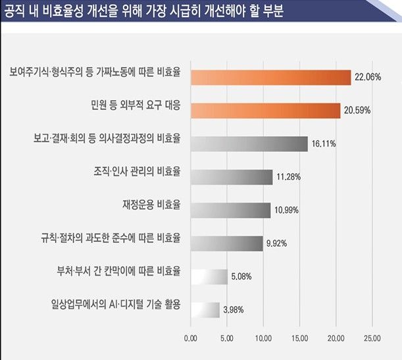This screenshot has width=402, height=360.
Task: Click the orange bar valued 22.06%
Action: [x=270, y=77]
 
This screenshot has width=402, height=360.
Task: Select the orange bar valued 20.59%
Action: [x=265, y=110]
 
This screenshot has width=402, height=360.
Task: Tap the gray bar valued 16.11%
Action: [x=249, y=143]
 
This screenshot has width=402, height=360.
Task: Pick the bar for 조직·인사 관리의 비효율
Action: [x=231, y=177]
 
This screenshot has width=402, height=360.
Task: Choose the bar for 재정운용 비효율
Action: [x=230, y=210]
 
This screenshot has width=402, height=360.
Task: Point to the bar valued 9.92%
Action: [x=226, y=243]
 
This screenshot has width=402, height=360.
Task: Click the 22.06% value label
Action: [x=367, y=77]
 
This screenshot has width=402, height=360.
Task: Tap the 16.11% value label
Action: [x=324, y=143]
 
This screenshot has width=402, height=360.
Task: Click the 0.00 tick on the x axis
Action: [x=190, y=339]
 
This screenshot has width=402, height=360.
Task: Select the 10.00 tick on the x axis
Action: [x=263, y=339]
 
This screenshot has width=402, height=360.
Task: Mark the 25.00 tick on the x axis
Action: [x=371, y=339]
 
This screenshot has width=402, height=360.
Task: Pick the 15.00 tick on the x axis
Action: [x=299, y=339]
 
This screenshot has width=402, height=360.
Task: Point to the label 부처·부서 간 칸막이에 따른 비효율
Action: [x=120, y=272]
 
